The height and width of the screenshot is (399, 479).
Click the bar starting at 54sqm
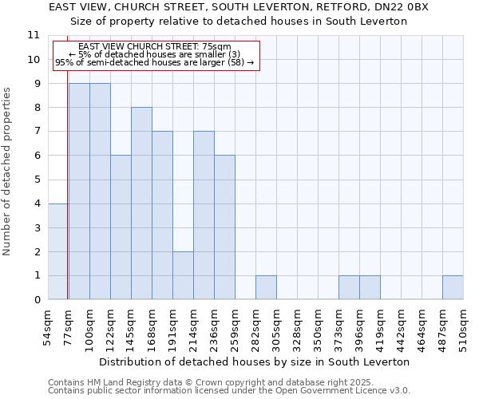point(58,251)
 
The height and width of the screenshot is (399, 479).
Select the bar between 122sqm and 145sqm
point(121,227)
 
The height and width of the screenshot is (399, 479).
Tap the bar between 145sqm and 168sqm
point(141,203)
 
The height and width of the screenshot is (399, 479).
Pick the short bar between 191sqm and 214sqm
point(183,275)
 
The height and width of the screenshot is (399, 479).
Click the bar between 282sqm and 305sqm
point(266,287)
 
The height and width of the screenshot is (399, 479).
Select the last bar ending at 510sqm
point(453,287)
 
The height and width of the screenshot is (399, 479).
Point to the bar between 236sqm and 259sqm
point(224,227)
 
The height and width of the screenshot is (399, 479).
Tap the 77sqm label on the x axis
point(69,329)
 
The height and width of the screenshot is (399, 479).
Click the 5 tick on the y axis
point(37,180)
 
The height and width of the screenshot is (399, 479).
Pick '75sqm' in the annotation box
point(216,47)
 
